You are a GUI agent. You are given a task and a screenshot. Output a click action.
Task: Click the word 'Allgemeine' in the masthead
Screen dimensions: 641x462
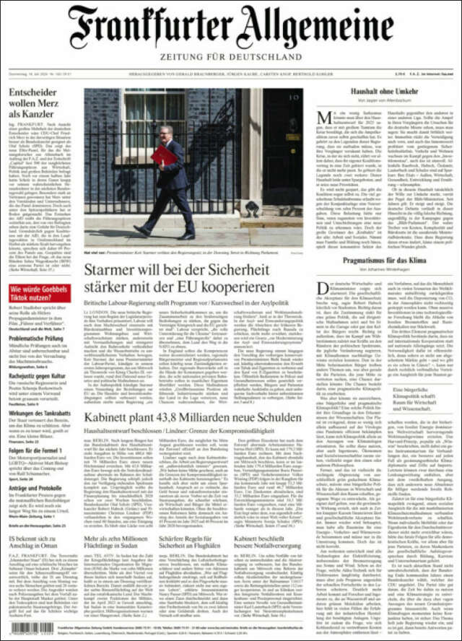(317, 27)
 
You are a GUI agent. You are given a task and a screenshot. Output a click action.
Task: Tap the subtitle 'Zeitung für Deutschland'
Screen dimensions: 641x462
(230, 56)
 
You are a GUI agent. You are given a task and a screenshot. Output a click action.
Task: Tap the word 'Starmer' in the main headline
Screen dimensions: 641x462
(118, 271)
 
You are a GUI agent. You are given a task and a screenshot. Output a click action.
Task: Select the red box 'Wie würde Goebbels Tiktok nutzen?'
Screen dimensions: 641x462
(39, 293)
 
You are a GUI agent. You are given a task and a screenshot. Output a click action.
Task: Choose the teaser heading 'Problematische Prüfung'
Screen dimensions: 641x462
(36, 338)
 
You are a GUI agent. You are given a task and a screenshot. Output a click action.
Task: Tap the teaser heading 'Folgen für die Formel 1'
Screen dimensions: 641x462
(35, 450)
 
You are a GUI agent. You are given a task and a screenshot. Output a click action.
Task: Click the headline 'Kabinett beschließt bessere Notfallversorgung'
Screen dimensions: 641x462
(269, 544)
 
